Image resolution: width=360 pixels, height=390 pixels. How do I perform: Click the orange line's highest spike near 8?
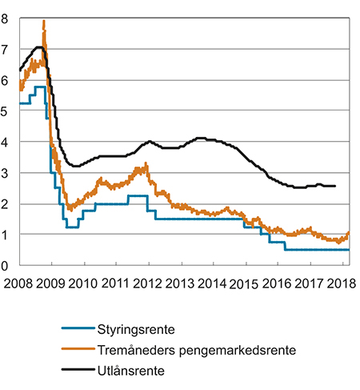[43, 22]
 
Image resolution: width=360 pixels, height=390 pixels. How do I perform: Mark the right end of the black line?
[334, 186]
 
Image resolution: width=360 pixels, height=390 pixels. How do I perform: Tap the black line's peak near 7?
[38, 47]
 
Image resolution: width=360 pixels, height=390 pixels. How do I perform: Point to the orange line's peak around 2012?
[146, 165]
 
